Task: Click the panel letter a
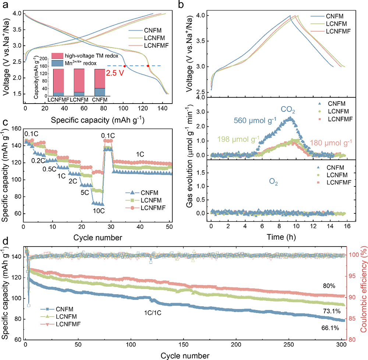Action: [7, 5]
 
